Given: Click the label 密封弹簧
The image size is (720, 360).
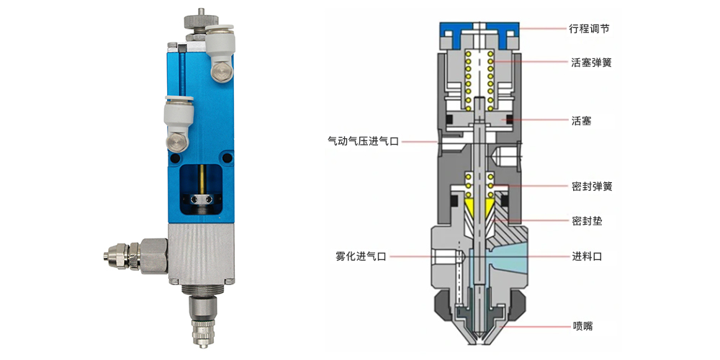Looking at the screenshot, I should pos(592,186).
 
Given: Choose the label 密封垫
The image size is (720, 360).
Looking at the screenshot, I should pos(587,220).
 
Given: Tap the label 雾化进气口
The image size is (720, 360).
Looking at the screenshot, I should pos(361,256).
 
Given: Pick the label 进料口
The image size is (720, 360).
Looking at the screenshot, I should pos(587,256).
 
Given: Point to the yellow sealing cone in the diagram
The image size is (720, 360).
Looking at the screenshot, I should pos(479,211).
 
